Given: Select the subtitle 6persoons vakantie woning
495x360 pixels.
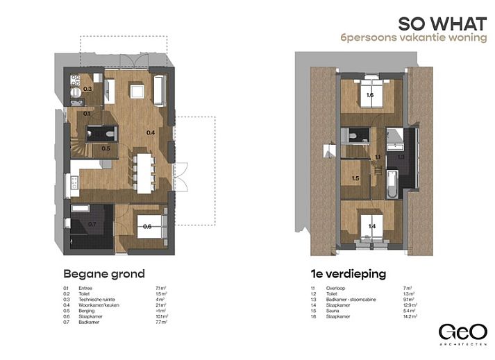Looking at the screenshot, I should tap(414, 38).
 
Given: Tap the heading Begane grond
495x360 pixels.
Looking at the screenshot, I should tap(104, 273).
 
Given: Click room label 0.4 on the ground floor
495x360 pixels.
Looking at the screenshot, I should tap(151, 132).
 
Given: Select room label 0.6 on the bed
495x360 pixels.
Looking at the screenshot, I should tap(147, 226).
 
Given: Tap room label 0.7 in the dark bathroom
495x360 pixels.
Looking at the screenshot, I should tap(92, 225).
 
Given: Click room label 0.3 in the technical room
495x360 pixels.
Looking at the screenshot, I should tap(87, 89).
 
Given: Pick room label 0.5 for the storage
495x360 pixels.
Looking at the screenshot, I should tap(106, 148).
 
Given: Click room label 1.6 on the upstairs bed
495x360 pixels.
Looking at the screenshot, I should tap(370, 95).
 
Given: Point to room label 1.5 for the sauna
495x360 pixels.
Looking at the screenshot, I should tap(355, 178).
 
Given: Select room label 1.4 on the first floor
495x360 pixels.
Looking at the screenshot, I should tap(371, 226).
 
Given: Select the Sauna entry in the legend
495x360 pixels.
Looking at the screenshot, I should tap(337, 310).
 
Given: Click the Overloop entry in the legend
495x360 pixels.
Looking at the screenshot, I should tap(339, 287).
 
